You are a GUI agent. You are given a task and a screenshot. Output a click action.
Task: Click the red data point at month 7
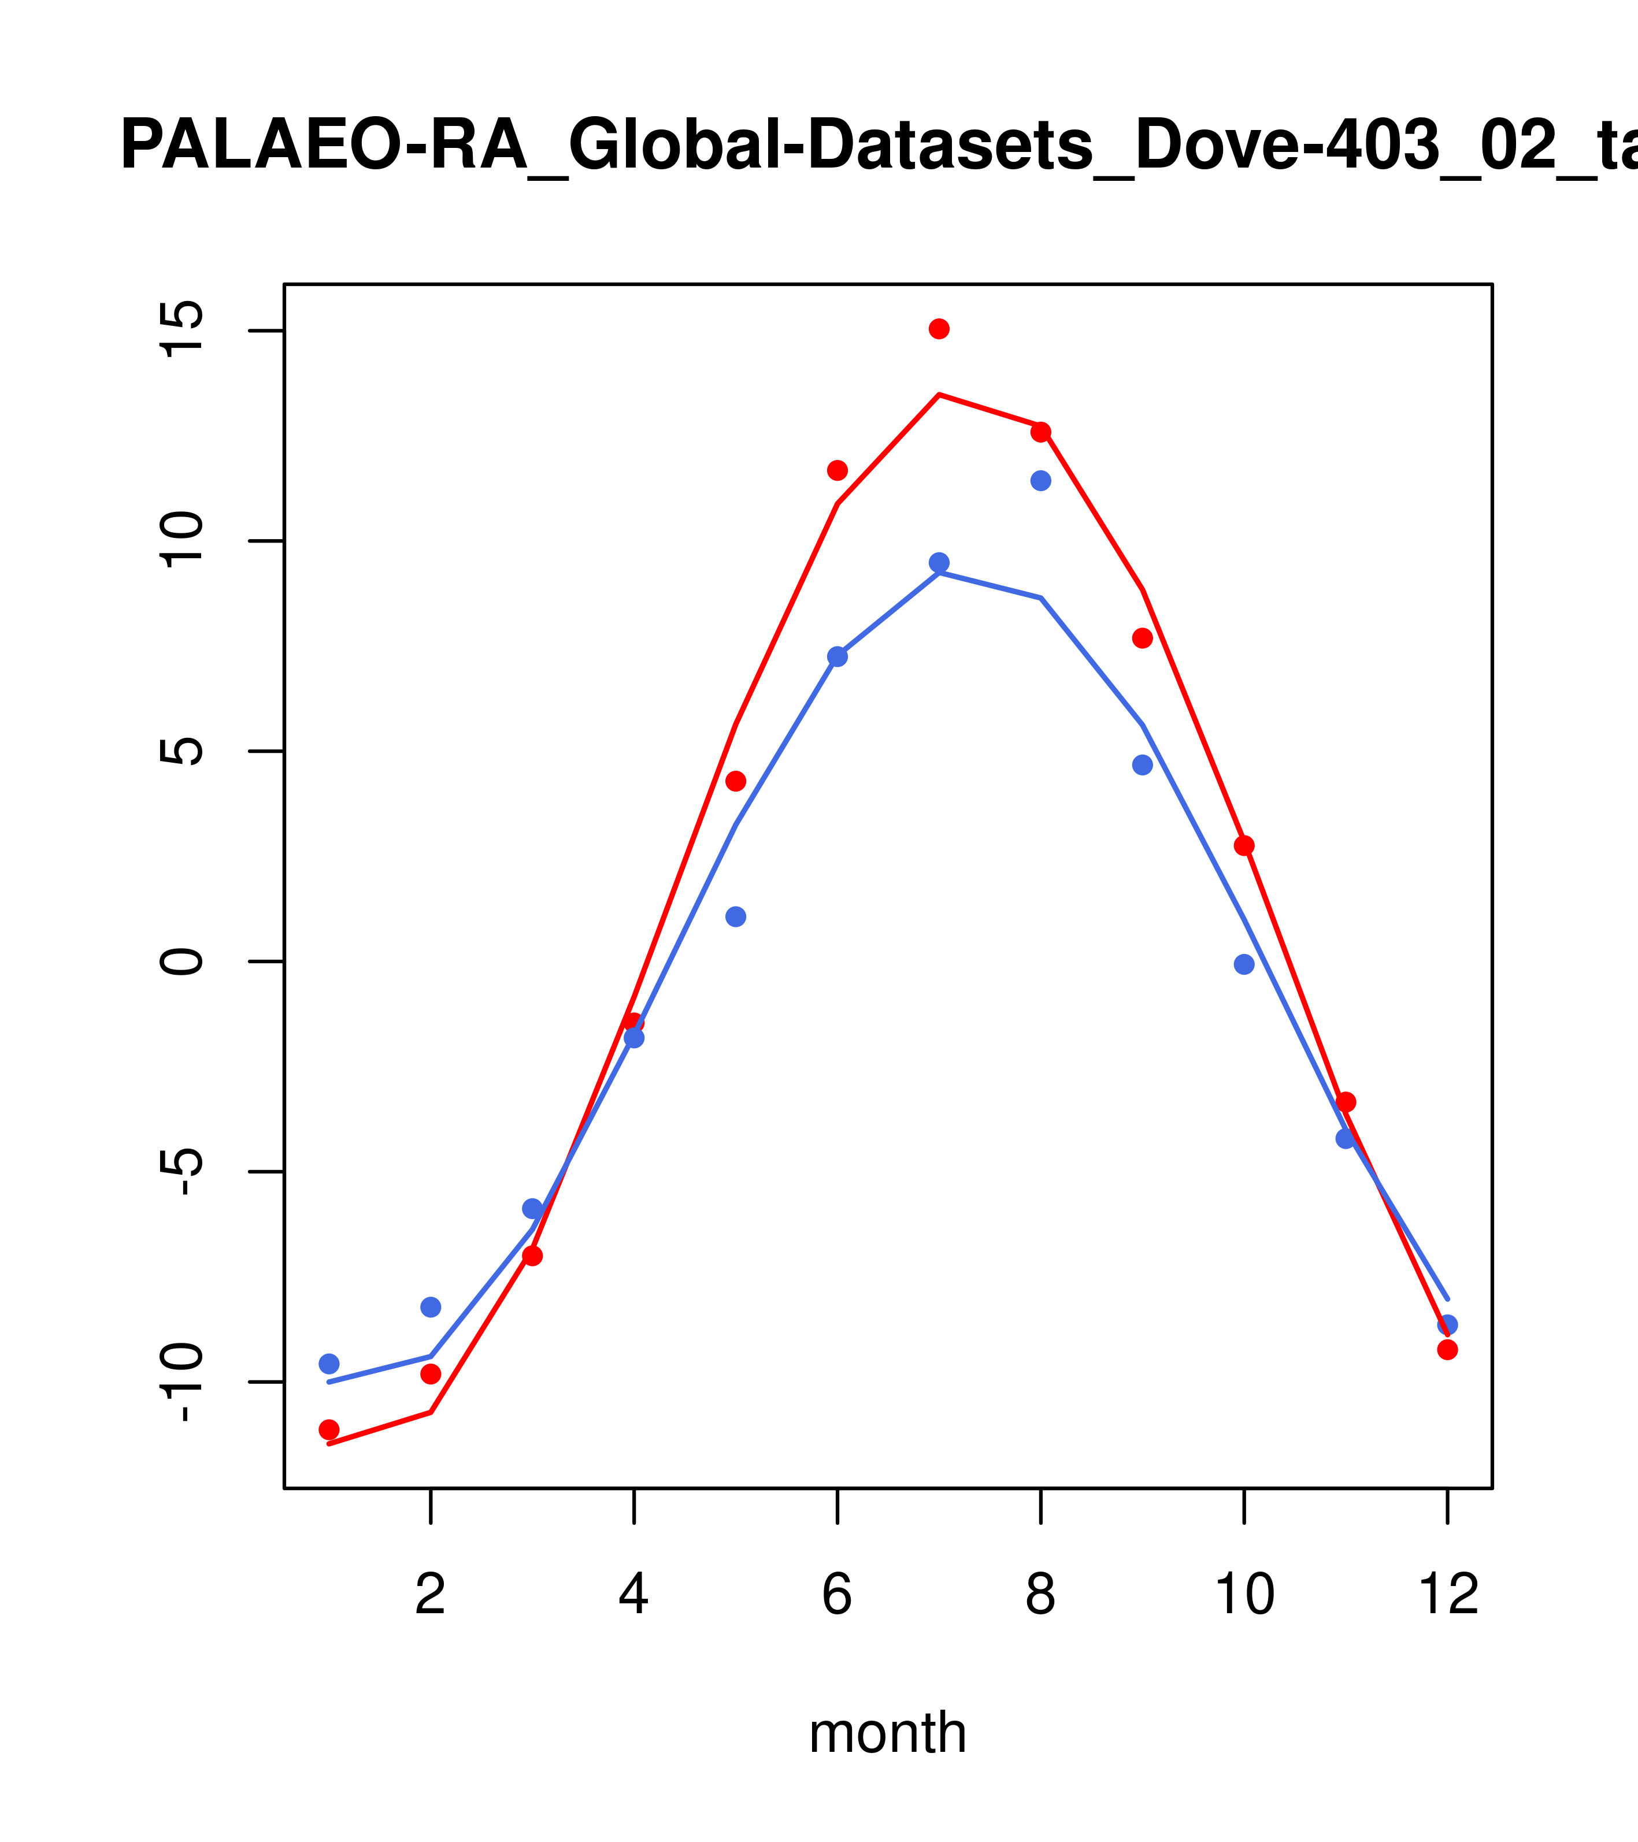[x=939, y=329]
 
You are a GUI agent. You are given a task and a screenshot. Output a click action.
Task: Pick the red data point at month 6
[x=837, y=470]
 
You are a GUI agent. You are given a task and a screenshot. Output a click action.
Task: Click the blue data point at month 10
[x=1244, y=964]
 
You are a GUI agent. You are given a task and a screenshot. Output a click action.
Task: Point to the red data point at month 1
[x=329, y=1429]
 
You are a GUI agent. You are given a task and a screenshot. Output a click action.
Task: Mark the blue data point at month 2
[x=431, y=1307]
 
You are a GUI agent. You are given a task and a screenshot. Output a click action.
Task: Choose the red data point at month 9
[x=1142, y=638]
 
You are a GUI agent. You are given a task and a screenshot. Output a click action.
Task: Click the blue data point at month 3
[x=533, y=1209]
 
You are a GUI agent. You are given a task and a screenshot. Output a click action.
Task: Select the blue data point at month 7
[x=939, y=562]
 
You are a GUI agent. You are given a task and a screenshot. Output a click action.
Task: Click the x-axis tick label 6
[x=837, y=1594]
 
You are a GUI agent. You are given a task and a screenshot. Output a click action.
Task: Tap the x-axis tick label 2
[x=431, y=1594]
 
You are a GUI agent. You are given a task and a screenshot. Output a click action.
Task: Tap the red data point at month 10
[x=1244, y=845]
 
